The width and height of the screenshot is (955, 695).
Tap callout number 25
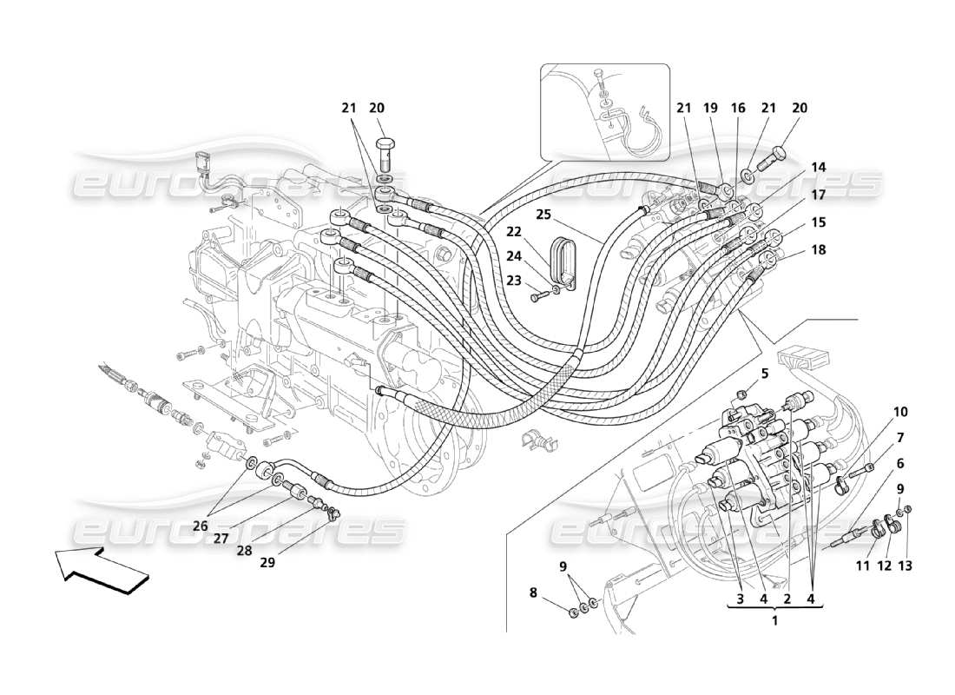[543, 214]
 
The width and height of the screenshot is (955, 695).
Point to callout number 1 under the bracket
[775, 620]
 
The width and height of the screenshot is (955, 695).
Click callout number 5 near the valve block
[765, 374]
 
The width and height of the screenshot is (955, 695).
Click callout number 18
[818, 249]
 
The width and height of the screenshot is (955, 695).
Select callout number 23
[515, 281]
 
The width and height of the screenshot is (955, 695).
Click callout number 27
[222, 538]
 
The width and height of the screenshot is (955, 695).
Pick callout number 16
[737, 108]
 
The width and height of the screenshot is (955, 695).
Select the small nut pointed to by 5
[740, 397]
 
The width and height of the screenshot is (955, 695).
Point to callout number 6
[900, 463]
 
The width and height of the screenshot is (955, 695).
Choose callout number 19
[711, 108]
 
